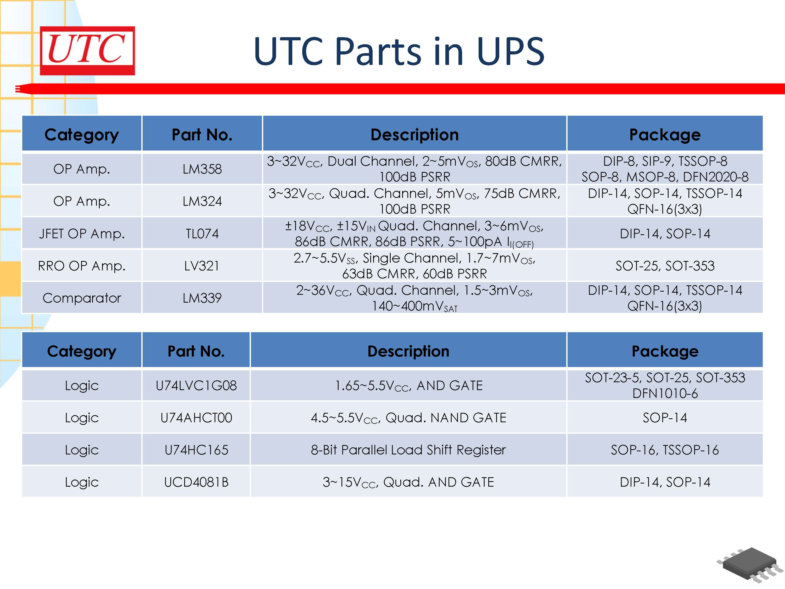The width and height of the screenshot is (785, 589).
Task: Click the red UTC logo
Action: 87,51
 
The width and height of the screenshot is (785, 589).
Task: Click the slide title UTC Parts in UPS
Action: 399,52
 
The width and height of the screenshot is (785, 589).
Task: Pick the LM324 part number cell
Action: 202,201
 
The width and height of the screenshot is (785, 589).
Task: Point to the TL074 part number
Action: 202,234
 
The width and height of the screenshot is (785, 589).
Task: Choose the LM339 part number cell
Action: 202,298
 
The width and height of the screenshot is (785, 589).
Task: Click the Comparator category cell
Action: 82,298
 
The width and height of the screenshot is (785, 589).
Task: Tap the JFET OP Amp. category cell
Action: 82,234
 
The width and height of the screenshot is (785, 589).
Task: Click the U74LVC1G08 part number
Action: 196,386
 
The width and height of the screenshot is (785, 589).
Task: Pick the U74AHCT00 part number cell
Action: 196,418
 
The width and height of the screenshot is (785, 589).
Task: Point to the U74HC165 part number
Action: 196,450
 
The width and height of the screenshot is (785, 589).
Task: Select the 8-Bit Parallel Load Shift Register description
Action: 408,450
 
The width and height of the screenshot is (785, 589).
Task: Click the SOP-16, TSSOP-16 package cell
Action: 665,450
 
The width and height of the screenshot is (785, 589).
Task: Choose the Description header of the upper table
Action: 414,135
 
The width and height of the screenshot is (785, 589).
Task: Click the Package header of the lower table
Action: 665,351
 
